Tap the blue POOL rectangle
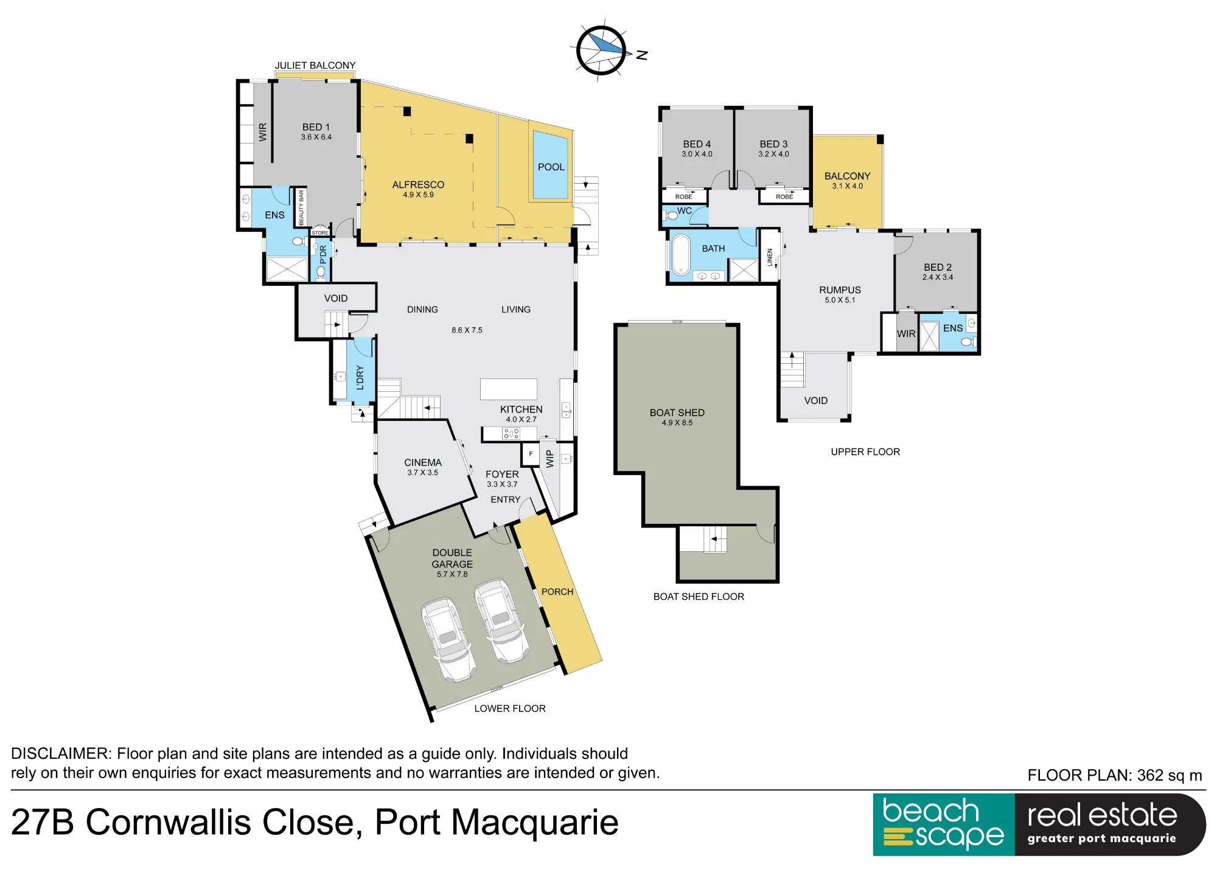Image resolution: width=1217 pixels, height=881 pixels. click(551, 165)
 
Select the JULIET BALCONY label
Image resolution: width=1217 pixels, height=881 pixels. click(315, 65)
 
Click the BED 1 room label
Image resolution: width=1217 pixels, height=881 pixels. click(316, 127)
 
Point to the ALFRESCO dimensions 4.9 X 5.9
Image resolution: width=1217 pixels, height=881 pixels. click(418, 195)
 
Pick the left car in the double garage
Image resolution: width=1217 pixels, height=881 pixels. click(448, 639)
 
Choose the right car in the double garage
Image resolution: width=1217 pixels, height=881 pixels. click(501, 621)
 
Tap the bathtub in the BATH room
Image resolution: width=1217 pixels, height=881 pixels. click(681, 255)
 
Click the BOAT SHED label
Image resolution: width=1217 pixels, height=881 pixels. click(677, 413)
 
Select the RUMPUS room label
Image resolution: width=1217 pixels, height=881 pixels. click(840, 290)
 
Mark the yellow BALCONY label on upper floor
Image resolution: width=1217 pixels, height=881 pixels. click(847, 176)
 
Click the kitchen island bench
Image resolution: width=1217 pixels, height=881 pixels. click(509, 389)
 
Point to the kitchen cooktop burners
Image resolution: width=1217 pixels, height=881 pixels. click(511, 433)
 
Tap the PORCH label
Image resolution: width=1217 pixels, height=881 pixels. click(557, 591)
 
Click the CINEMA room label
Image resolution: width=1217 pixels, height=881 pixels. click(423, 462)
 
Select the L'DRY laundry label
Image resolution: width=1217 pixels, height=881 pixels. click(360, 377)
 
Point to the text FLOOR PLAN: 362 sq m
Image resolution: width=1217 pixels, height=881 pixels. click(1115, 775)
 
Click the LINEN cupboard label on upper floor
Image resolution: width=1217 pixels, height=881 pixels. click(770, 257)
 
